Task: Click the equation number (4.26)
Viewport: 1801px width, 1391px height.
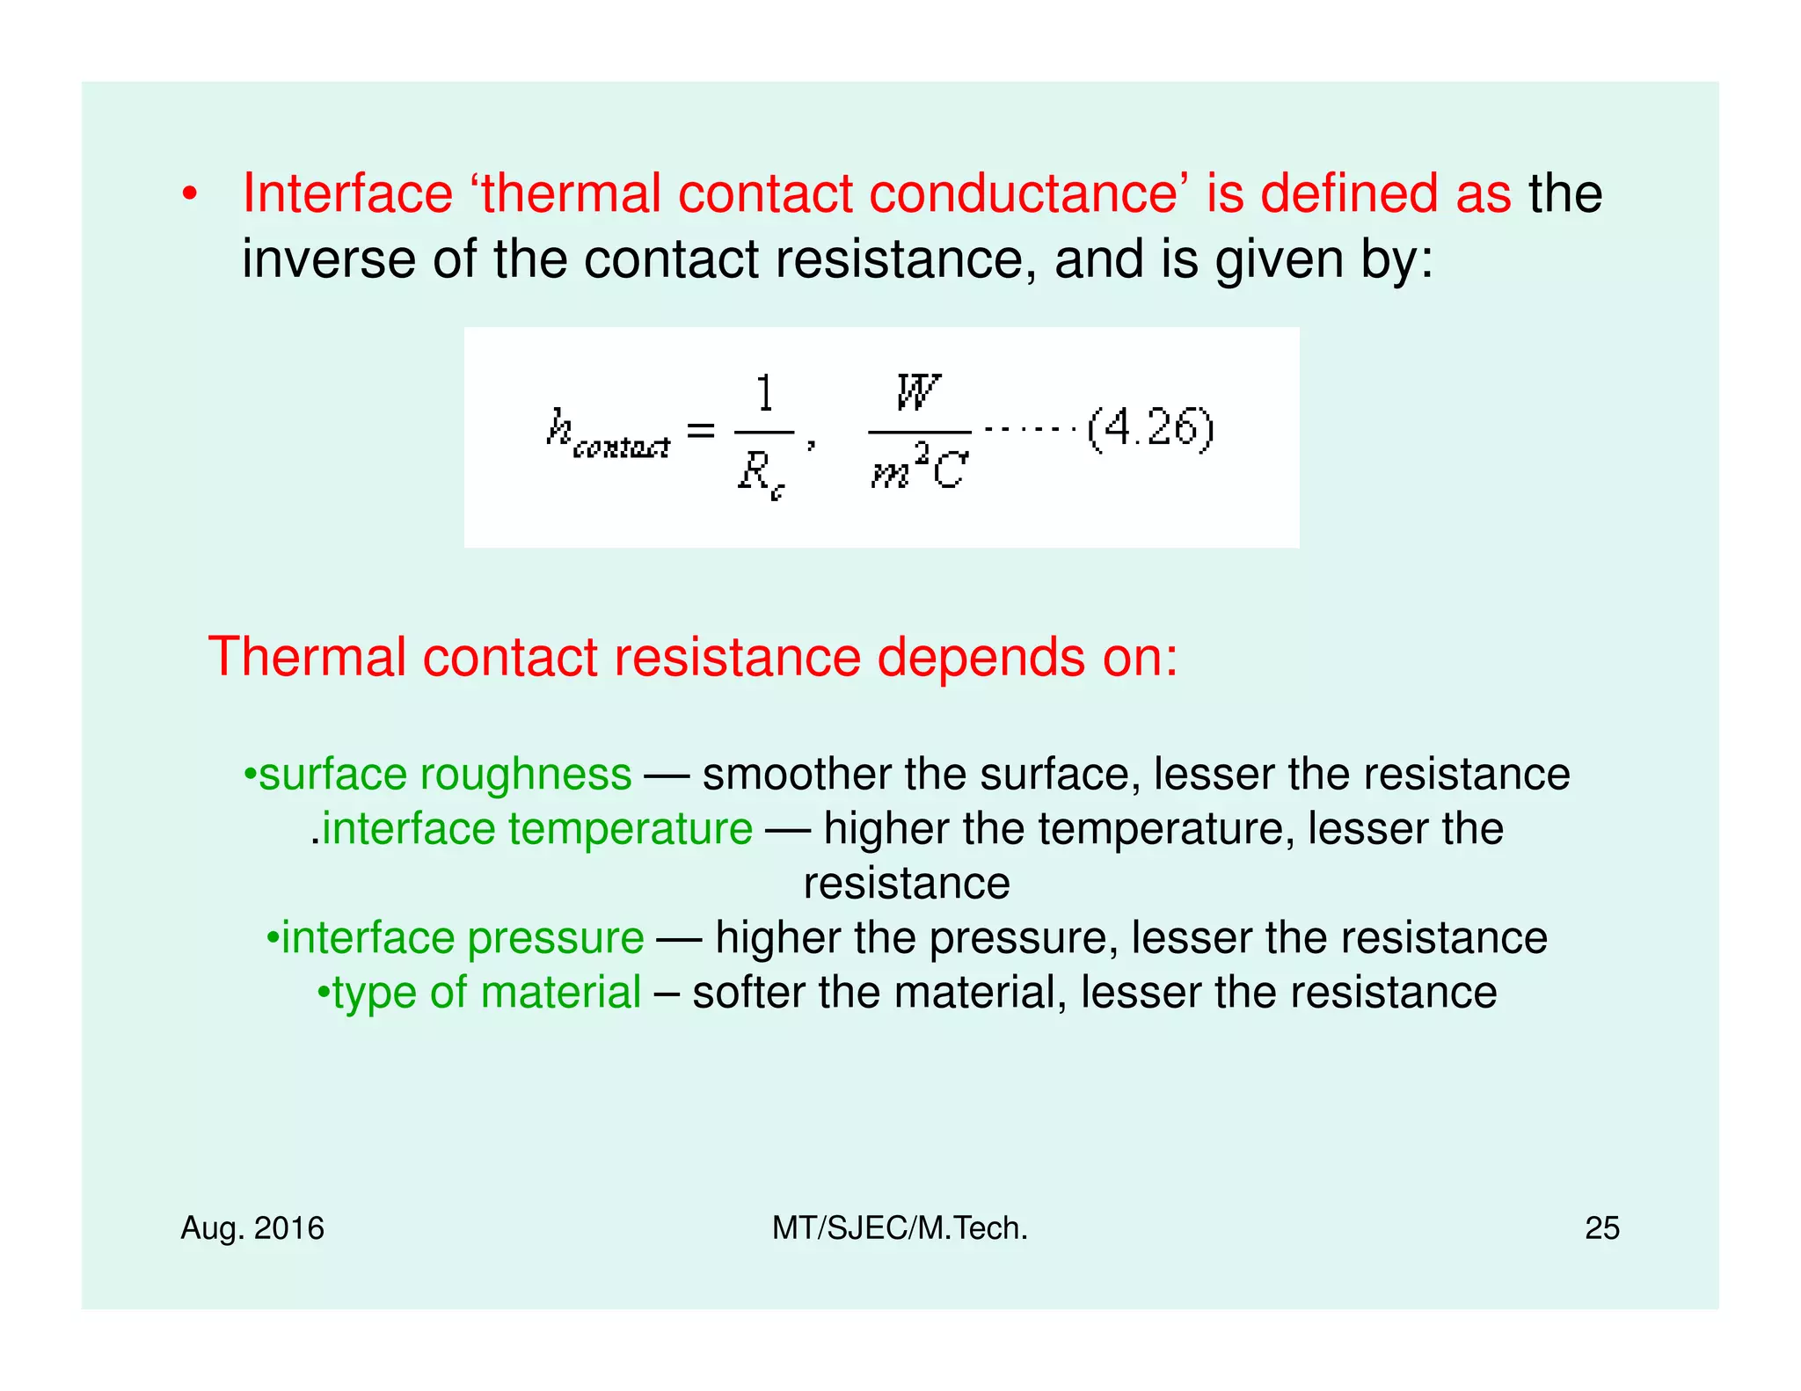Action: (x=1150, y=429)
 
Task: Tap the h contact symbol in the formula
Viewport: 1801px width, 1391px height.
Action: (x=607, y=433)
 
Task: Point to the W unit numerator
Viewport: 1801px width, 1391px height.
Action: (x=918, y=392)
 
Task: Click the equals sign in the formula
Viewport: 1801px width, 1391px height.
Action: (x=701, y=430)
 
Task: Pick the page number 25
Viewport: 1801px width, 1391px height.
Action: (x=1601, y=1227)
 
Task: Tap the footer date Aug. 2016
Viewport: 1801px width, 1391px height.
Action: (x=252, y=1227)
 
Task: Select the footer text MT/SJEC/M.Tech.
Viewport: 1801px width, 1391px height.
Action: (x=900, y=1227)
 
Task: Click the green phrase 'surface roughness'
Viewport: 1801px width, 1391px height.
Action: (x=445, y=775)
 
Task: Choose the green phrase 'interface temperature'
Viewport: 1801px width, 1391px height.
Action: (x=536, y=829)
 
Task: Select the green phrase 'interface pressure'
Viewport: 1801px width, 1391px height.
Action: (x=463, y=938)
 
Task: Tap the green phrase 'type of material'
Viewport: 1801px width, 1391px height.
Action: (x=486, y=993)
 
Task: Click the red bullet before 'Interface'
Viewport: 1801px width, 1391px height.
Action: (x=189, y=194)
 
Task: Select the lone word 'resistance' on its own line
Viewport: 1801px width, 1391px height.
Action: (x=907, y=884)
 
